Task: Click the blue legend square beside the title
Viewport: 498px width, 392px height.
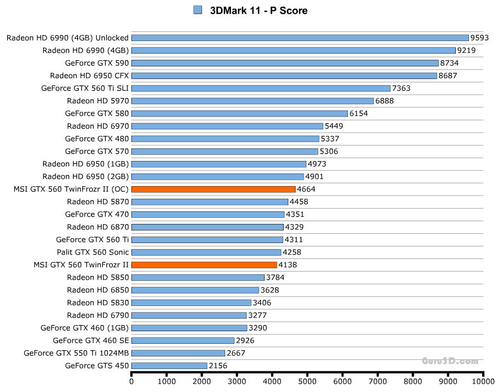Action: pos(198,10)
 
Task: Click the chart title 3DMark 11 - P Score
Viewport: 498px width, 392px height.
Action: pos(259,10)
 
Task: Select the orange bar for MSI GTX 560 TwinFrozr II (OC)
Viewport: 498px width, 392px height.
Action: pos(213,189)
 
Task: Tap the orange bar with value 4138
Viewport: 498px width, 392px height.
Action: pos(204,265)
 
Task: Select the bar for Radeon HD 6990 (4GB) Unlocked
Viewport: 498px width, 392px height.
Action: pos(300,38)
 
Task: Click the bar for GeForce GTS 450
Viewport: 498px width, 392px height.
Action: pos(169,366)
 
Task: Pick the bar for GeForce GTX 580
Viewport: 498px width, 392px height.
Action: pos(239,114)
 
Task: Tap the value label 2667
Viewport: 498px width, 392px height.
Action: pos(236,353)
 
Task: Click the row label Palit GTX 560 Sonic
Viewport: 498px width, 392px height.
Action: pos(93,252)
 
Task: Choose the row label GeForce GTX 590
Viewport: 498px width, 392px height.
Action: pos(96,63)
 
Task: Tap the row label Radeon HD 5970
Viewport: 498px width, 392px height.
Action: pos(98,101)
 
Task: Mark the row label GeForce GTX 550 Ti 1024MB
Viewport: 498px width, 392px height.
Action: pos(76,353)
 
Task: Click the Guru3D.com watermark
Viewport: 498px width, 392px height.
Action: pos(450,361)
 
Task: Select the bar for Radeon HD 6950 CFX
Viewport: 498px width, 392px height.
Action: pos(284,76)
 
